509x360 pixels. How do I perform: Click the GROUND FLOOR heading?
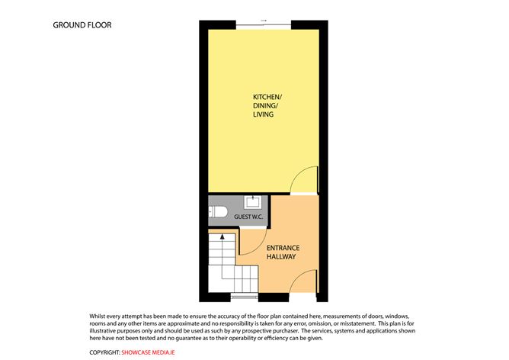[x=82, y=25]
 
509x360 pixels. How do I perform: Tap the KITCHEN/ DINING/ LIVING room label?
[x=267, y=105]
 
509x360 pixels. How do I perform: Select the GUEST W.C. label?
[x=248, y=217]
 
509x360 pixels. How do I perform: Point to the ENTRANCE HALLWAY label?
[x=283, y=252]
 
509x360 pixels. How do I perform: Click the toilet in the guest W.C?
[x=218, y=212]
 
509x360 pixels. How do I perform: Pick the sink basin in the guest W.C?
[x=252, y=202]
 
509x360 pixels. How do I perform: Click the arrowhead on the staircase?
[x=222, y=236]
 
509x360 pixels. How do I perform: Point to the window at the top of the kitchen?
[x=264, y=25]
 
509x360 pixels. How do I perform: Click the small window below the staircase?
[x=244, y=296]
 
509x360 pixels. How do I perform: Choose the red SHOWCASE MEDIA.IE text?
[x=148, y=352]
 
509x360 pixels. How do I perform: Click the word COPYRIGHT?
[x=104, y=352]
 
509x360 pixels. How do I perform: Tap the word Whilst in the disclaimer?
[x=97, y=316]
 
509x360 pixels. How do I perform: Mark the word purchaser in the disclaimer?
[x=284, y=331]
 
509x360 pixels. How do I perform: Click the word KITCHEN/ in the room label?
[x=267, y=97]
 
